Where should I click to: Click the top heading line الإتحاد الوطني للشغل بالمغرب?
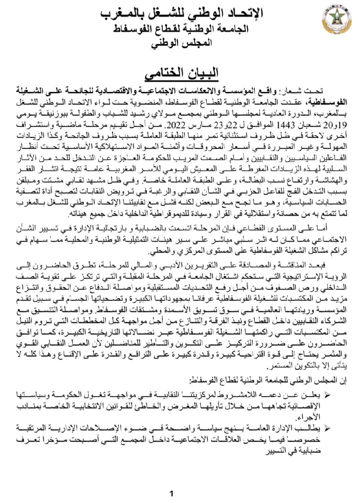click(182, 14)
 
